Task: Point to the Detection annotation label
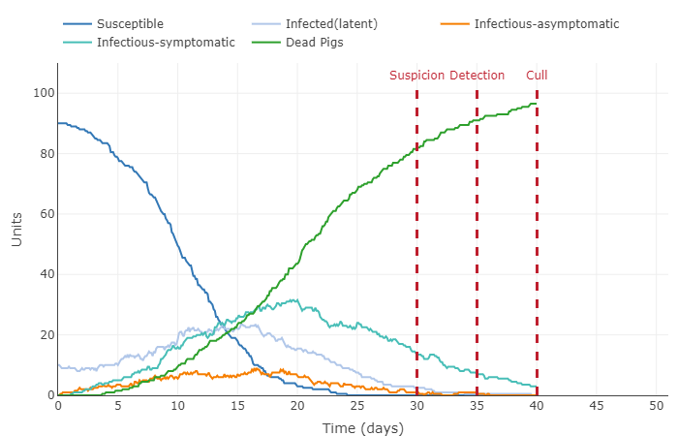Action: pos(477,76)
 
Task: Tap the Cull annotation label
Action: pos(537,76)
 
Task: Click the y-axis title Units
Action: pos(16,230)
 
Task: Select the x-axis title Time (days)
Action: pos(362,428)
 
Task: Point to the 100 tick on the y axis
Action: pos(44,94)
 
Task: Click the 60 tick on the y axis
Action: pos(46,214)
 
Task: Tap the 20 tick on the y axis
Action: pos(46,335)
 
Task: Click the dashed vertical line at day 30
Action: pos(416,242)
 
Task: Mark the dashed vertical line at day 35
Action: pos(477,242)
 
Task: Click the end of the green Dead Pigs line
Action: pos(536,104)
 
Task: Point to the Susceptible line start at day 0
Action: pos(58,123)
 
